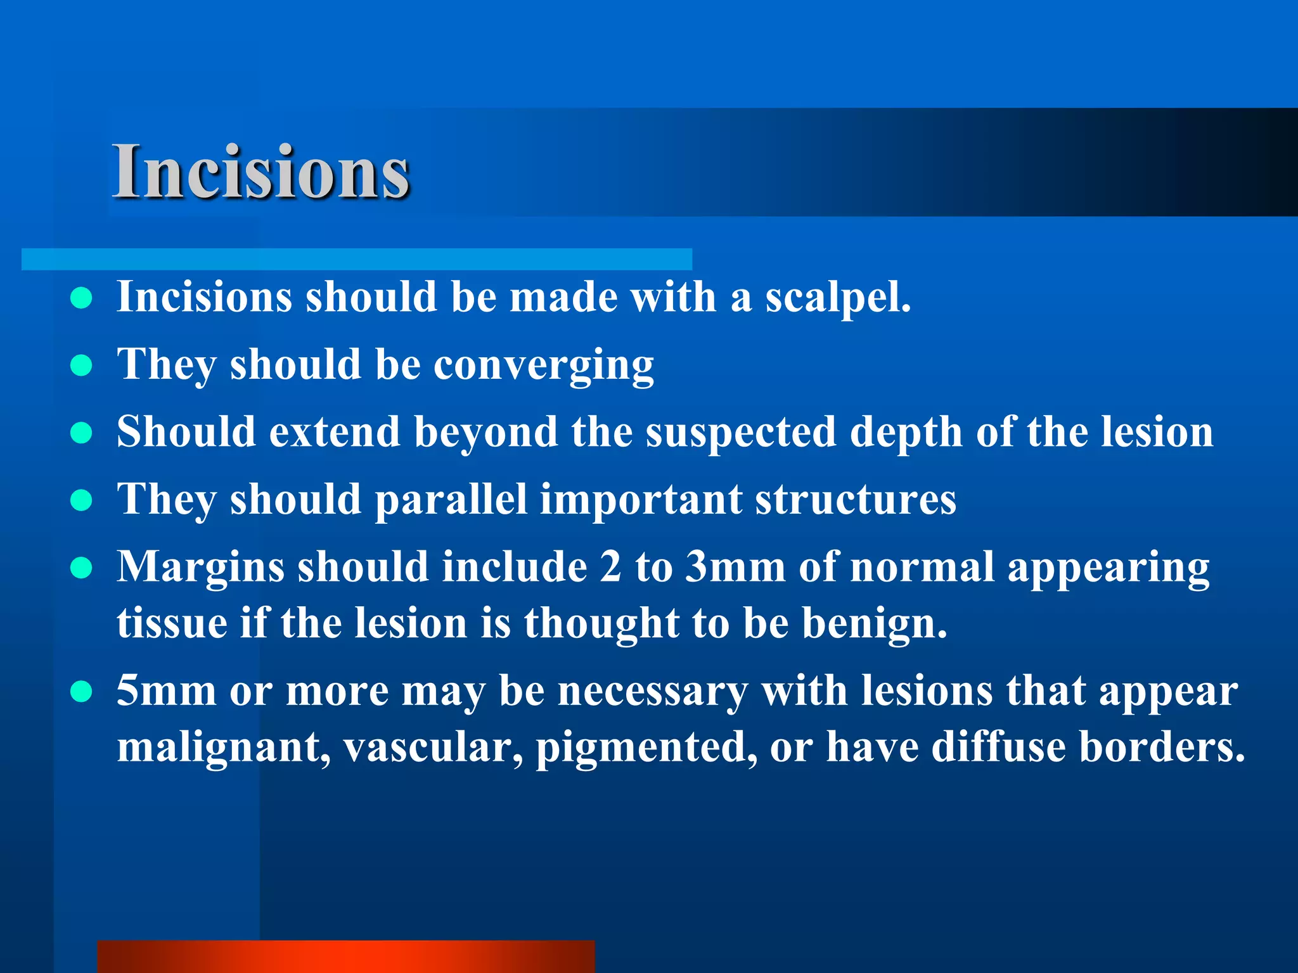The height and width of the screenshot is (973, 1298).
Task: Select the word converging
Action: point(543,366)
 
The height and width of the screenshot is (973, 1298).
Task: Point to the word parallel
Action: point(451,500)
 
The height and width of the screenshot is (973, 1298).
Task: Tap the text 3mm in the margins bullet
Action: point(735,567)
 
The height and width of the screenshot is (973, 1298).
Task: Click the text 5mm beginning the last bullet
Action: point(166,691)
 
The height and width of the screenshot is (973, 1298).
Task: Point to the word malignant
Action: point(223,747)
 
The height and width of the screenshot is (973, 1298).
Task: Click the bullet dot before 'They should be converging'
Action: point(81,366)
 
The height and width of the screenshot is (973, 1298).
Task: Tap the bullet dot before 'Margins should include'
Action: point(81,568)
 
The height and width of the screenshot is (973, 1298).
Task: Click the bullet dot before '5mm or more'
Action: point(81,692)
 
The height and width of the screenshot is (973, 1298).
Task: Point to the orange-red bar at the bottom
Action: point(346,957)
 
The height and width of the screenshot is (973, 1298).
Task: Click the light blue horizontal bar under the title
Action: point(356,259)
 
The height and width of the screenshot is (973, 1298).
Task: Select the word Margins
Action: point(200,567)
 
